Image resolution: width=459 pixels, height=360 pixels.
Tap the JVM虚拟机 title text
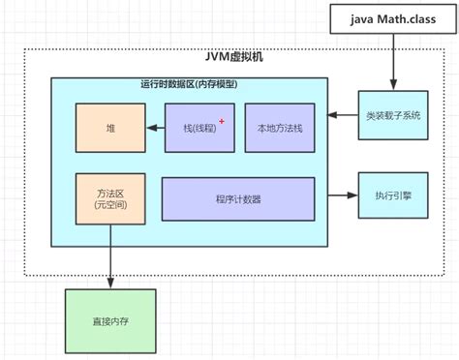pos(235,57)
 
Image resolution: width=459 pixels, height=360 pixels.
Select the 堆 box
pos(110,128)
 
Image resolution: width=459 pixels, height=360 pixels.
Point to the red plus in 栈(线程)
pos(222,121)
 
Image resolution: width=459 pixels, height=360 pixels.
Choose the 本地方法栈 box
pos(279,128)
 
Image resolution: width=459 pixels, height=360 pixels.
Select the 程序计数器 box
pos(238,198)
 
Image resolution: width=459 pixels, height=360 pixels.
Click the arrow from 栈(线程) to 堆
pos(155,128)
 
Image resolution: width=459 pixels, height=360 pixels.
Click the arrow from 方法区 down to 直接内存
pos(109,255)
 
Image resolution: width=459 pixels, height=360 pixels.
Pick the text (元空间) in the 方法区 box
pos(109,206)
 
